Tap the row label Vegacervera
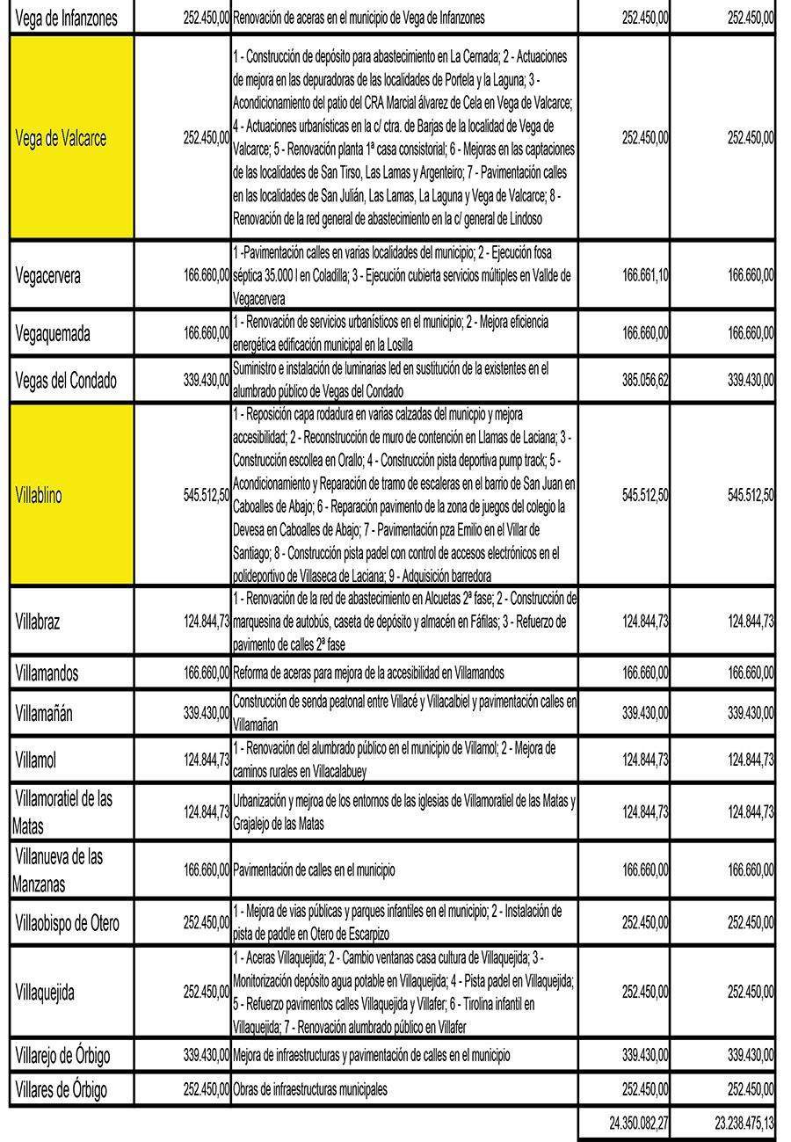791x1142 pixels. coord(48,275)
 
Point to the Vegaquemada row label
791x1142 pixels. coord(53,334)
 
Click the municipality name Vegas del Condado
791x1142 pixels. coord(66,382)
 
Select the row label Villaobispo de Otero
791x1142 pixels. coord(68,923)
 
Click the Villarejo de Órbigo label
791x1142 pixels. coord(63,1054)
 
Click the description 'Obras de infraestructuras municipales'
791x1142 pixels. coord(310,1090)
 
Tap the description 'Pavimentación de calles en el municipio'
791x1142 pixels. coord(314,870)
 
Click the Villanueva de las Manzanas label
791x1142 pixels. coord(58,869)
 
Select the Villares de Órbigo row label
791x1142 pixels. coord(62,1090)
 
